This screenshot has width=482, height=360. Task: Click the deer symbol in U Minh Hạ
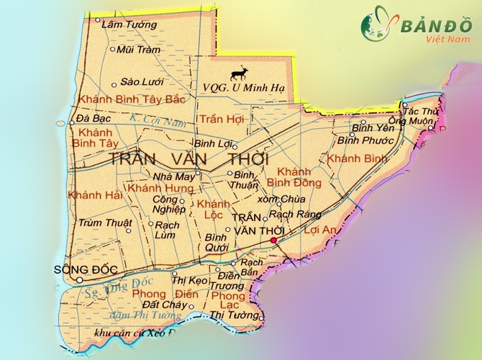239,73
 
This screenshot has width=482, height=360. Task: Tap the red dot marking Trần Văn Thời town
273,240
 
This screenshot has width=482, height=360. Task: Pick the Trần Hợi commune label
222,119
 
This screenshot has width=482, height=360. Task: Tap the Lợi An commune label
322,230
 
